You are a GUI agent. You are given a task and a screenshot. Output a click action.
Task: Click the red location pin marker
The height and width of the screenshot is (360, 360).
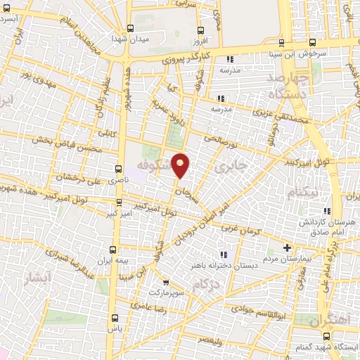tap(181, 165)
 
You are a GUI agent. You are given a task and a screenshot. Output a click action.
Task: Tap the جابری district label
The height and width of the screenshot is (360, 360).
tap(233, 168)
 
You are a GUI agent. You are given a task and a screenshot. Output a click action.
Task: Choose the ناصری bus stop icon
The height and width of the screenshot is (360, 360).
tap(117, 169)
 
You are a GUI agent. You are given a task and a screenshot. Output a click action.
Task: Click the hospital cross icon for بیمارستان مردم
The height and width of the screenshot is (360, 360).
tap(287, 247)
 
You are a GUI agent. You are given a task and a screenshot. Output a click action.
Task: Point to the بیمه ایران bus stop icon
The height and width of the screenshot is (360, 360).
tap(113, 250)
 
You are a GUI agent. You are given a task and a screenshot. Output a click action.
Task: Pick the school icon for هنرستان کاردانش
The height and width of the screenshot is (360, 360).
tap(326, 211)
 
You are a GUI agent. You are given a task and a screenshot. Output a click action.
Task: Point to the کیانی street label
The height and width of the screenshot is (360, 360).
tap(109, 131)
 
